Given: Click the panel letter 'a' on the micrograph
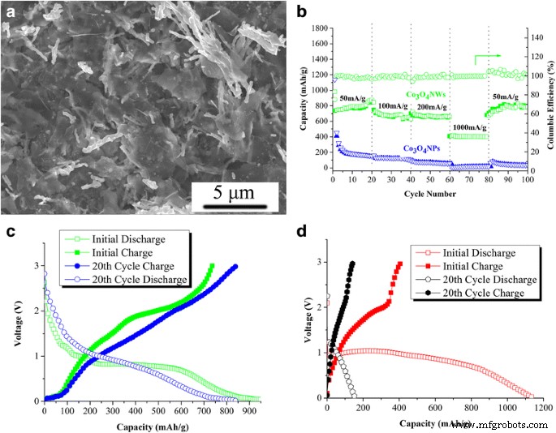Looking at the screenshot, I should point(11,11).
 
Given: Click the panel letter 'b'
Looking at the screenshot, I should point(301,11).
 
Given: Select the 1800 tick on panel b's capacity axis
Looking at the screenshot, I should point(319,28).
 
